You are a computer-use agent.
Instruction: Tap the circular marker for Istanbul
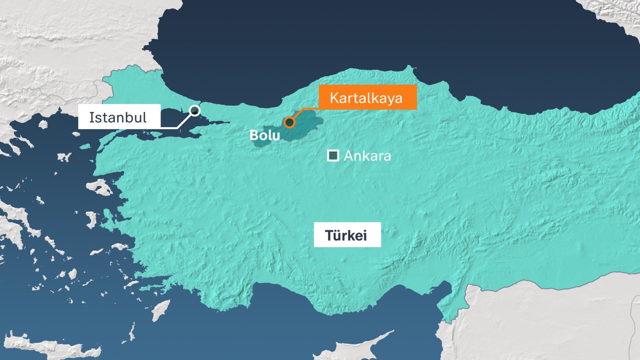coord(195,110)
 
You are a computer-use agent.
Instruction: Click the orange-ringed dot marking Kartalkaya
coord(290,122)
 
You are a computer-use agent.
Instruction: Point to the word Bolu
coord(265,135)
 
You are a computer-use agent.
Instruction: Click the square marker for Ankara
coord(333,156)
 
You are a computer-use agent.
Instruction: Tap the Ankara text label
coord(367,156)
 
